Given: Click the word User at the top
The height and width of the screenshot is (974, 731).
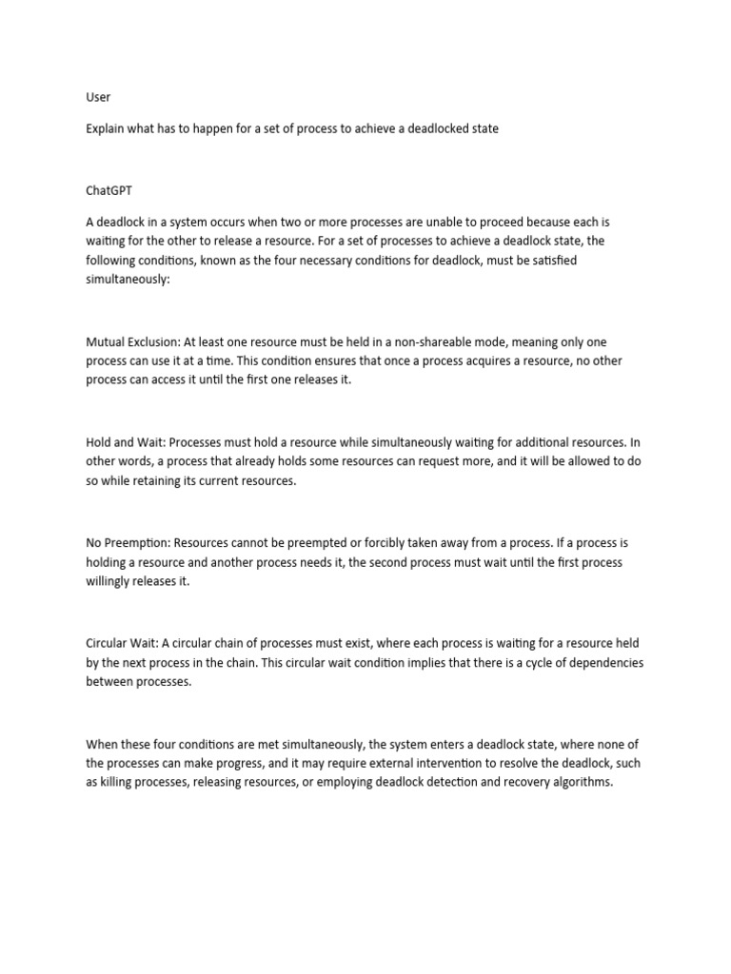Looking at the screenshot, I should point(98,97).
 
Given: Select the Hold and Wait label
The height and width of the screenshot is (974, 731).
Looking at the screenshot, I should point(125,442).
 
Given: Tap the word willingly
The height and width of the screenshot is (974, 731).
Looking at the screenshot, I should point(113,582).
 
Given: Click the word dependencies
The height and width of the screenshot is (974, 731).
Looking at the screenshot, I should point(603,663).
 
